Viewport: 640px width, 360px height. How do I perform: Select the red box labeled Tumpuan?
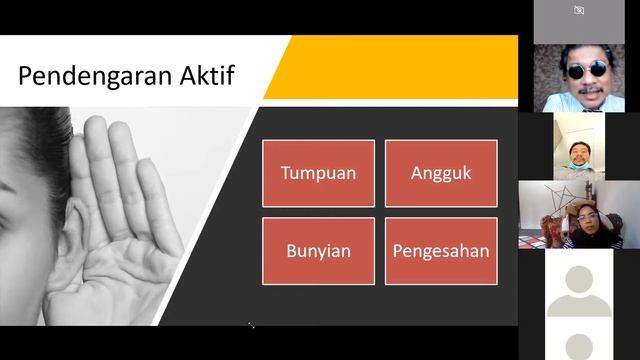coord(318,173)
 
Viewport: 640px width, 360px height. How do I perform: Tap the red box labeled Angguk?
coord(441,173)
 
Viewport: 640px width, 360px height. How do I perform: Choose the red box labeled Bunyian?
coord(318,250)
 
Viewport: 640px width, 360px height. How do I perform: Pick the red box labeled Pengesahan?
coord(441,250)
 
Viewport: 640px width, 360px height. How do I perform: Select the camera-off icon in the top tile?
coord(579,11)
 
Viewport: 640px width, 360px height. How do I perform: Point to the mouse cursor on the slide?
coord(251,325)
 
